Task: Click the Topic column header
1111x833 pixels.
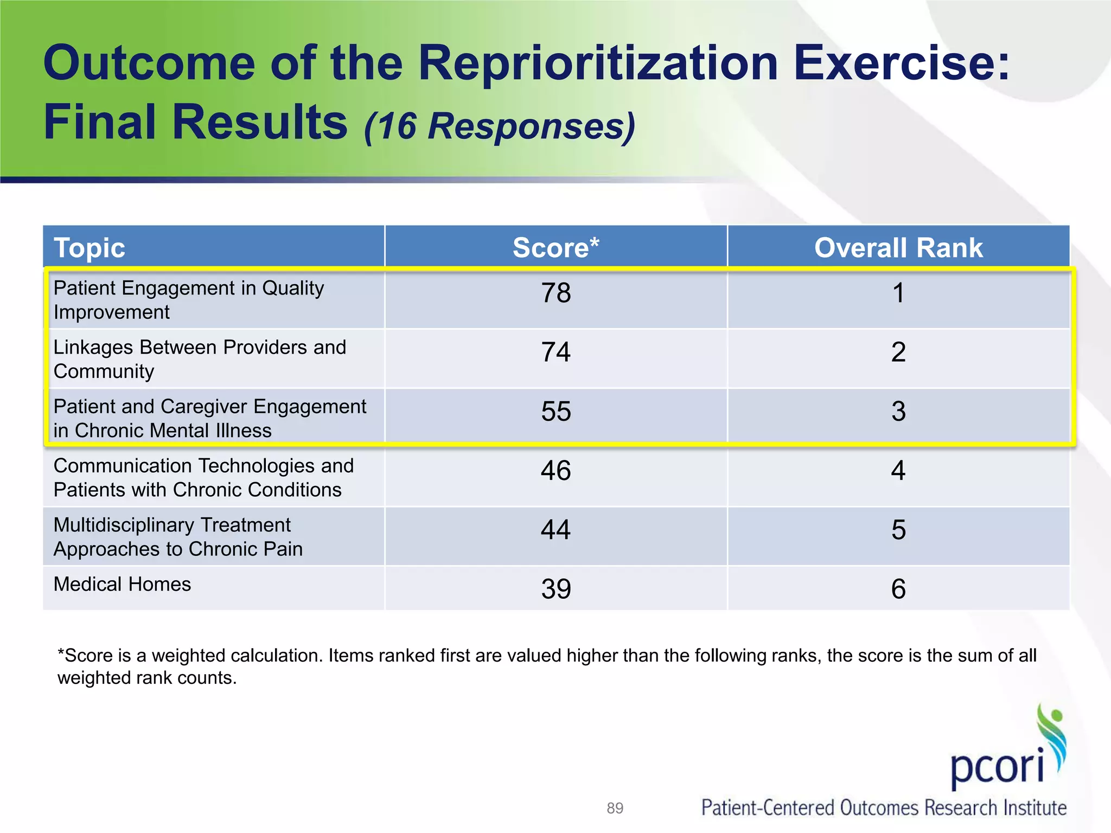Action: (90, 248)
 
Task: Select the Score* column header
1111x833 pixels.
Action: (555, 248)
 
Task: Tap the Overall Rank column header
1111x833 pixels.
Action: (898, 248)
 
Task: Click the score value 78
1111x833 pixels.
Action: (556, 293)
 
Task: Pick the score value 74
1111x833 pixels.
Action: (556, 352)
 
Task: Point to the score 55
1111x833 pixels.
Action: (556, 411)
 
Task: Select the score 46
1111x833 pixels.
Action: (556, 470)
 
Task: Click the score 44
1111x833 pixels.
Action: (556, 529)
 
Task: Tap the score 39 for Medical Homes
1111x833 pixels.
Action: (556, 589)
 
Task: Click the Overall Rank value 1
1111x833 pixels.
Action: (898, 293)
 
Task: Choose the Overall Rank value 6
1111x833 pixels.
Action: (898, 589)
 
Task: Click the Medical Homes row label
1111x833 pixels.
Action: (122, 584)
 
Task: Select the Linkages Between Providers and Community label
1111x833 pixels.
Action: (200, 359)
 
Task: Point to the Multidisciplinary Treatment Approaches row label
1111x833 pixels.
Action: (178, 537)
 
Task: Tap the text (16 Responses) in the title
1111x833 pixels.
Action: (500, 126)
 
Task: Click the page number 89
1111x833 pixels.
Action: (615, 808)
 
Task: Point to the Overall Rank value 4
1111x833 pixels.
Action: (898, 470)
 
